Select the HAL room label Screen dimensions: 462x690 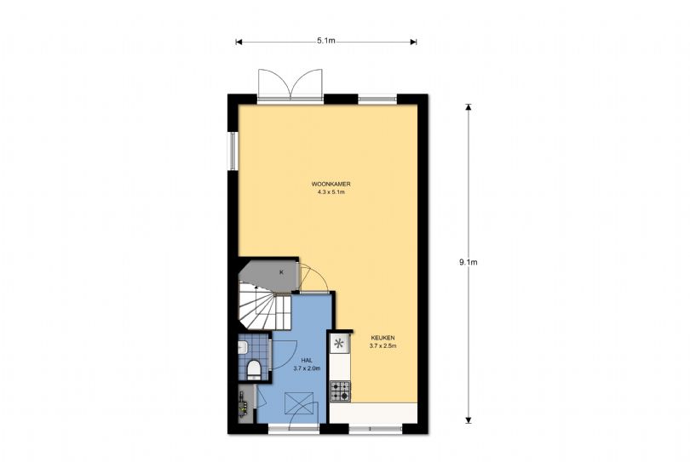[x=306, y=360]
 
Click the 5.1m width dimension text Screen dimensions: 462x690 [x=325, y=40]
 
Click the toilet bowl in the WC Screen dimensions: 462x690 [x=253, y=368]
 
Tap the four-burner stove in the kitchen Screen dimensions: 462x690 [x=340, y=391]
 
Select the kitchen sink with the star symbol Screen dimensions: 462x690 [x=340, y=344]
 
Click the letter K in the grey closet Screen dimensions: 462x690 [x=281, y=272]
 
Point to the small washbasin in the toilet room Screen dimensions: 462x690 [x=244, y=346]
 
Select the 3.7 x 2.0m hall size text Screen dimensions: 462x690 [x=306, y=369]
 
